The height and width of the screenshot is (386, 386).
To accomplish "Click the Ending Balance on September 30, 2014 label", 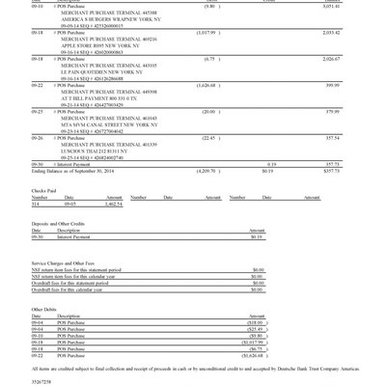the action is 72,171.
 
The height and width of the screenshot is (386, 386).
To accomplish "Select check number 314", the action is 36,204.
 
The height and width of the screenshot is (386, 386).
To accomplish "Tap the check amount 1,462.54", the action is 114,204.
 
